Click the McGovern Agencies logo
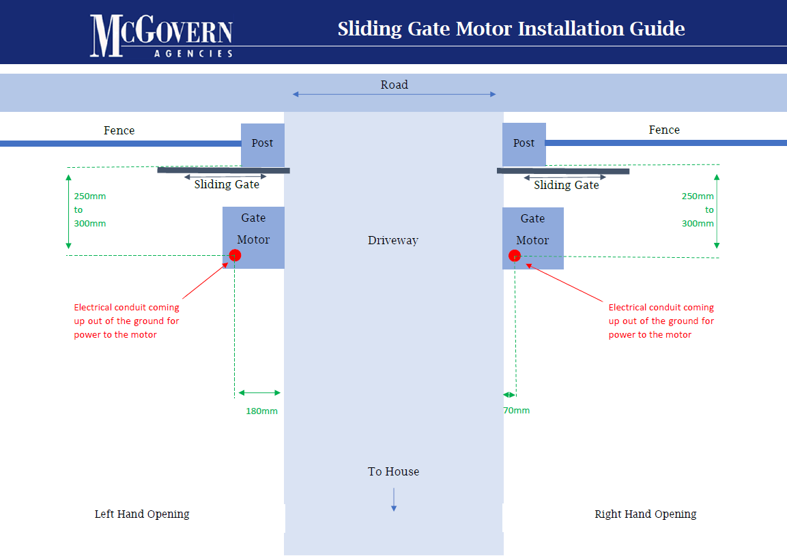tap(161, 35)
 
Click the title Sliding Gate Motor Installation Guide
tap(511, 29)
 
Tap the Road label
tap(394, 85)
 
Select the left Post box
tap(262, 143)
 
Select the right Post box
tap(524, 143)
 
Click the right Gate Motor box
tap(533, 230)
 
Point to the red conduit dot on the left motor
tap(235, 255)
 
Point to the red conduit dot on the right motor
tap(515, 256)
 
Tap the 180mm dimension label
tap(261, 411)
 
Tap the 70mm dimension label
tap(517, 411)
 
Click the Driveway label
tap(393, 240)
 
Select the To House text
tap(393, 471)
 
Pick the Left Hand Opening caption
tap(142, 514)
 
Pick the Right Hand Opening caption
tap(645, 514)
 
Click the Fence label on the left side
tap(119, 130)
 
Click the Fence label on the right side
tap(664, 130)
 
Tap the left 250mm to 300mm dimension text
tap(90, 210)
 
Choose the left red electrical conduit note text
tap(126, 321)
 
